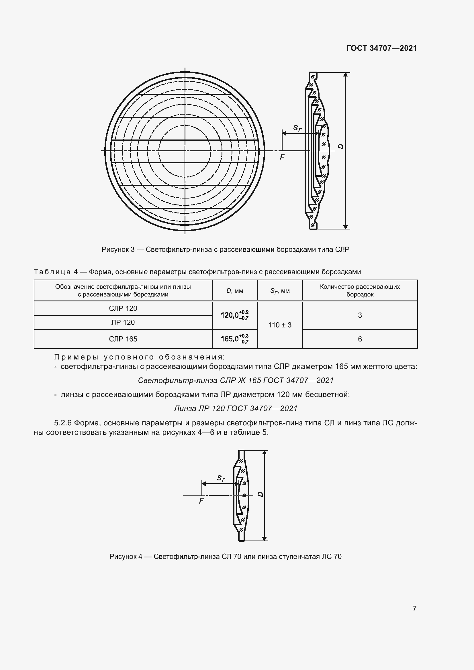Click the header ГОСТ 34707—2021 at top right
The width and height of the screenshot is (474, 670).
click(x=381, y=48)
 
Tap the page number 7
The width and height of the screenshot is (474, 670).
click(x=414, y=608)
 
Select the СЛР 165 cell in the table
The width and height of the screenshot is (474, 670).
click(x=123, y=339)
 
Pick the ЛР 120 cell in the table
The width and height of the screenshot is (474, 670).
click(x=123, y=323)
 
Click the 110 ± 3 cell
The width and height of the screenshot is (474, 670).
click(x=280, y=325)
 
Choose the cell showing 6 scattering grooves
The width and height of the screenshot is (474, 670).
click(x=360, y=339)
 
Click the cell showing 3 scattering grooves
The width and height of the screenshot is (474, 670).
click(x=360, y=315)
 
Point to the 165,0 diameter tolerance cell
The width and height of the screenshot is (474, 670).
click(x=234, y=339)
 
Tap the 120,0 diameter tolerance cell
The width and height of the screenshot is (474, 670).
click(x=234, y=315)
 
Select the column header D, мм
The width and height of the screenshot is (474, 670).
click(x=235, y=291)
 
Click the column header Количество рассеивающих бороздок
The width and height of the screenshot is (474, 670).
click(x=360, y=290)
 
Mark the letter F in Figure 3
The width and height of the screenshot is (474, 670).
click(x=282, y=157)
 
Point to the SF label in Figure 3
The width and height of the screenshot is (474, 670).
click(x=297, y=128)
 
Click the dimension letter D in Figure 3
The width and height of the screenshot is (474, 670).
click(x=340, y=146)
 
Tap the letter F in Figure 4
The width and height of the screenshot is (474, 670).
click(x=201, y=501)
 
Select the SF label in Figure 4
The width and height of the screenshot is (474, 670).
click(x=221, y=478)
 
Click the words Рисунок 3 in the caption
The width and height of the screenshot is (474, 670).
click(x=117, y=249)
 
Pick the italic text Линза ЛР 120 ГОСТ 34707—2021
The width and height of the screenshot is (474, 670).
click(x=236, y=408)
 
